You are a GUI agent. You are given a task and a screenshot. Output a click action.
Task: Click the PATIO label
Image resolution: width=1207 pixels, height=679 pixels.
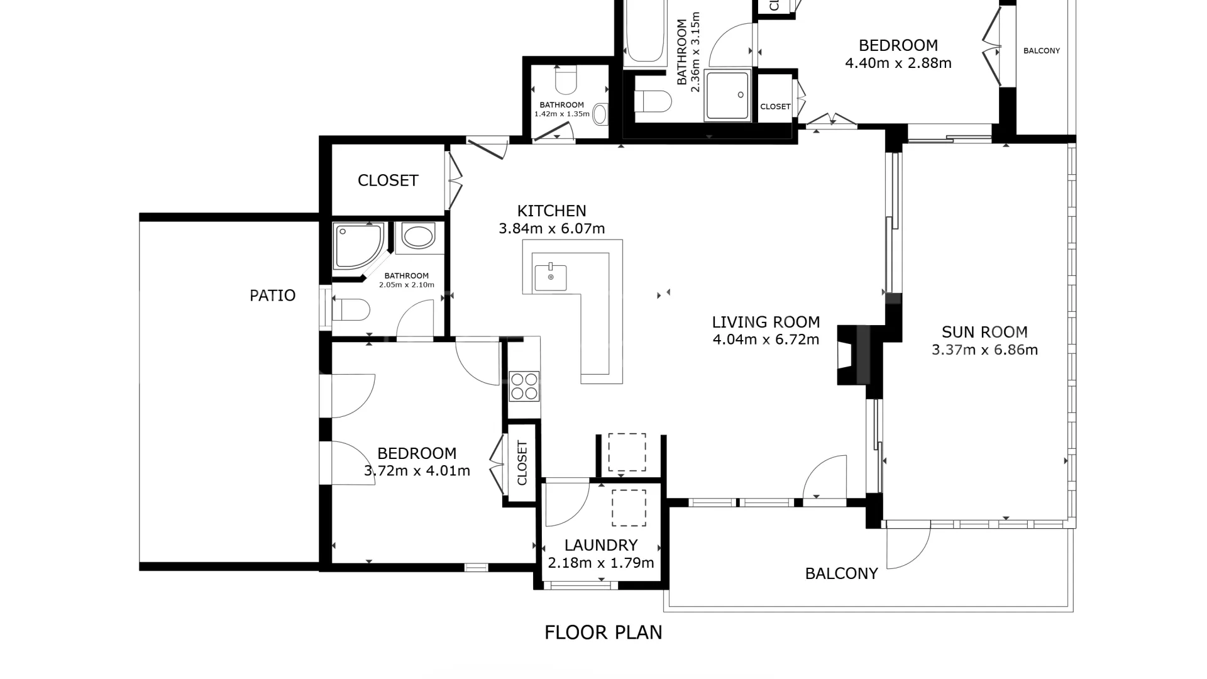click(272, 295)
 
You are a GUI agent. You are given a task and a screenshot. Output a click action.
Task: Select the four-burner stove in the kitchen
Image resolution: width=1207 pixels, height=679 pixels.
click(524, 386)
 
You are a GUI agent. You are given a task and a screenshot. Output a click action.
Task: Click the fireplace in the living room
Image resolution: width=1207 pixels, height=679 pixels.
click(853, 355)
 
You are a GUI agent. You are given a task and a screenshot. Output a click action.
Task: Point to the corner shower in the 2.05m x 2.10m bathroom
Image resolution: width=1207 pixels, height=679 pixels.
click(358, 246)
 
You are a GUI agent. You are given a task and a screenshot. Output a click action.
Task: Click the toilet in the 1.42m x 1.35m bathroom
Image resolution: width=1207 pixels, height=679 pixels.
click(566, 80)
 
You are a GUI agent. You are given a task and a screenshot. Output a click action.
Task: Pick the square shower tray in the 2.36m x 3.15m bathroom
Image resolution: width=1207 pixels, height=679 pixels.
click(728, 95)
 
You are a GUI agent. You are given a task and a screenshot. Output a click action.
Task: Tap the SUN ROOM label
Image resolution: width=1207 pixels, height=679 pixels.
click(984, 332)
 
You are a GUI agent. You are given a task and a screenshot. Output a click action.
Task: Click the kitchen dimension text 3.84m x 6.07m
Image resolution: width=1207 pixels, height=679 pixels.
click(552, 229)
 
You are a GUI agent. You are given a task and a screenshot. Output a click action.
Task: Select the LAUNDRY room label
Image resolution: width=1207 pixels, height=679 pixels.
click(601, 545)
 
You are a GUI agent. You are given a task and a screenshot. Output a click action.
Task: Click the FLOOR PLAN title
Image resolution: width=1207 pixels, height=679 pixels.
click(603, 632)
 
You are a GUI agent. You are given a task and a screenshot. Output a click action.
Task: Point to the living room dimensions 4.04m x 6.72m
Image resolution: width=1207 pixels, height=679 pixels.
click(766, 340)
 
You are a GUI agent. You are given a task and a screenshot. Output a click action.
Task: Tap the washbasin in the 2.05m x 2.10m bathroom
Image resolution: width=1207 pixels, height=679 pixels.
click(418, 237)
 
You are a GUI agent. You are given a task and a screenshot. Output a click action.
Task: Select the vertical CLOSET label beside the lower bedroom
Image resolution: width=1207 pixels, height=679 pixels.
click(522, 463)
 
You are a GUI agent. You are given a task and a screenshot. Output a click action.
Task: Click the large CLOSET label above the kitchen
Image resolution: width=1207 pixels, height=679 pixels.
click(388, 180)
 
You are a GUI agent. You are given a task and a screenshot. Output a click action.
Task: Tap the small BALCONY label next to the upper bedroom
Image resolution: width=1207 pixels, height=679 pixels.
click(1042, 51)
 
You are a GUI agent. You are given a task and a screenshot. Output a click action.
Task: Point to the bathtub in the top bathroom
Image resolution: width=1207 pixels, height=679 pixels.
click(645, 31)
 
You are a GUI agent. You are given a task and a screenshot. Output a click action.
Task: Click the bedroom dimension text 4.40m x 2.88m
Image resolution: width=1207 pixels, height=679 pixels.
click(898, 63)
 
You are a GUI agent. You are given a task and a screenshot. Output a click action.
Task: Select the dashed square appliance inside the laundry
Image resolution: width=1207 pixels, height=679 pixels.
click(629, 508)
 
